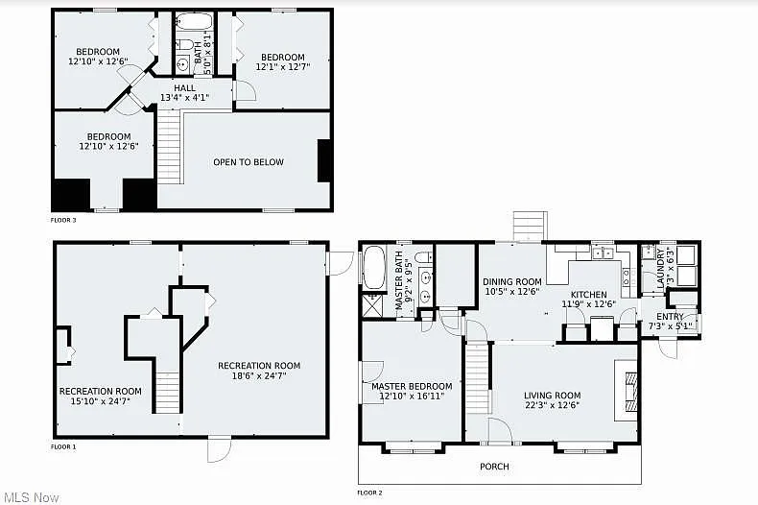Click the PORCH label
point(495,467)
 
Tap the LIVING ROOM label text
point(552,396)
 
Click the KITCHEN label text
point(588,295)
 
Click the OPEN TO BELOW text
point(249,162)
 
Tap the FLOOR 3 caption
point(63,220)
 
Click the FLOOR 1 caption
point(63,446)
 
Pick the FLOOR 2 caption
point(369,493)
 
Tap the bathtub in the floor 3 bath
point(195,24)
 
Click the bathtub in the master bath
point(372,268)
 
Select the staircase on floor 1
point(168,393)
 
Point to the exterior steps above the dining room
point(529,227)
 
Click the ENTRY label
point(670,317)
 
